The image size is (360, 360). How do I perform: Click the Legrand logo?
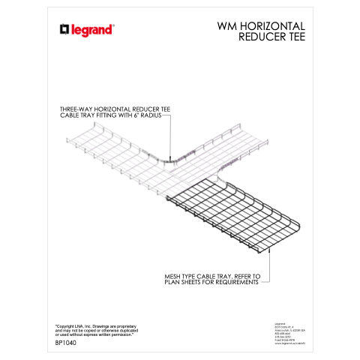click(88, 29)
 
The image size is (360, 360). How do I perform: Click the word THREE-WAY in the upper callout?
click(75, 109)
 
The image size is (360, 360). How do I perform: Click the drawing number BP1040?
click(67, 343)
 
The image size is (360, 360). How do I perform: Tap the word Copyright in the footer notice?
click(71, 325)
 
